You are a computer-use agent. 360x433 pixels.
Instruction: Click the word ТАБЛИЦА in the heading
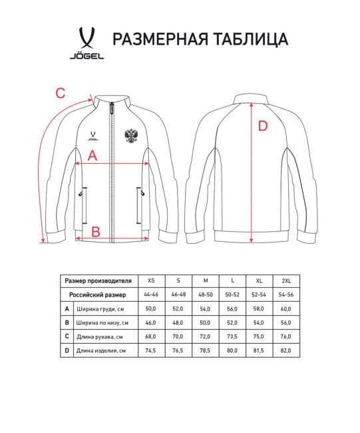[x=248, y=39]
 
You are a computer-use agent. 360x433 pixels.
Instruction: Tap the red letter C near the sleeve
[x=60, y=93]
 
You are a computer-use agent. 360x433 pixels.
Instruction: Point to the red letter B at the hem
[x=95, y=231]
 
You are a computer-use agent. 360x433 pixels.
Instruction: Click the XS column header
[x=150, y=280]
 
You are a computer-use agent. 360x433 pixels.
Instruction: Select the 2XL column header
[x=287, y=280]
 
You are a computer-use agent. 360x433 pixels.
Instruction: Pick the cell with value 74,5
[x=150, y=350]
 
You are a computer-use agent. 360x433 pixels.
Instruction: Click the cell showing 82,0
[x=287, y=350]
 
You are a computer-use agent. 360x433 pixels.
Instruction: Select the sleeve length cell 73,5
[x=232, y=336]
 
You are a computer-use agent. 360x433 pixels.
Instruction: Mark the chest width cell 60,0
[x=287, y=309]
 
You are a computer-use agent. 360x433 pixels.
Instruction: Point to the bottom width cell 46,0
[x=150, y=323]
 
